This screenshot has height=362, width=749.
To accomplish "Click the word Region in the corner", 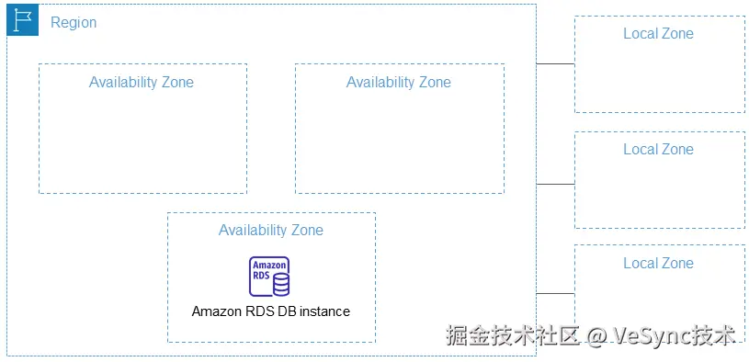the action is pos(74,22).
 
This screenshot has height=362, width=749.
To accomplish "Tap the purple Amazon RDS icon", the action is pos(270,277).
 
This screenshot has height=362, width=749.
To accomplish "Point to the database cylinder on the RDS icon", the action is pos(280,282).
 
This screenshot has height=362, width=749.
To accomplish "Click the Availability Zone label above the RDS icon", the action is pos(271,230).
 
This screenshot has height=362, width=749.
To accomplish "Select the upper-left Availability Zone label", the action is pos(142,82).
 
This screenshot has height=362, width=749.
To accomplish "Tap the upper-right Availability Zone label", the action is pos(399,82).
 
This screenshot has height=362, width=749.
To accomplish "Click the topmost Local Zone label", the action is pos(659,34).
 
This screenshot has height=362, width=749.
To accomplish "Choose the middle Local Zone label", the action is pos(659,149).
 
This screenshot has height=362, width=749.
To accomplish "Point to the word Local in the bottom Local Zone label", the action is pos(640,264).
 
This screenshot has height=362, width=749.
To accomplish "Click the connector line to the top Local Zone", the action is pos(555,64).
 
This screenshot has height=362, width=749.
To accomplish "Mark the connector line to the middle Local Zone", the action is pos(555,184).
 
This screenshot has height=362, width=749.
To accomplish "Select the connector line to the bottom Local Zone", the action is pos(555,294).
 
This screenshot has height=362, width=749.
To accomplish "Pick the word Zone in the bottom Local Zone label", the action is pos(677,264).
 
